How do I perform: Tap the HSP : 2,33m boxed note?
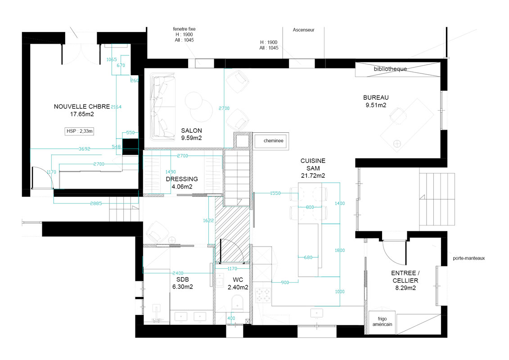pyautogui.click(x=80, y=131)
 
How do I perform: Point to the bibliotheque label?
pyautogui.click(x=390, y=69)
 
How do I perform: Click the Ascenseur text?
pyautogui.click(x=303, y=30)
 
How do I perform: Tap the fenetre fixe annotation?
pyautogui.click(x=184, y=29)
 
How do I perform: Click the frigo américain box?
pyautogui.click(x=382, y=322)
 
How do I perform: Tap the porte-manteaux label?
pyautogui.click(x=469, y=258)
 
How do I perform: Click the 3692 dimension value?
pyautogui.click(x=85, y=148)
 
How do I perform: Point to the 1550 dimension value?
pyautogui.click(x=275, y=193)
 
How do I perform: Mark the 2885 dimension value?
pyautogui.click(x=96, y=203)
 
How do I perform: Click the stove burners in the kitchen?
pyautogui.click(x=263, y=295)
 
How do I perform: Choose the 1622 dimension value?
pyautogui.click(x=208, y=220)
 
